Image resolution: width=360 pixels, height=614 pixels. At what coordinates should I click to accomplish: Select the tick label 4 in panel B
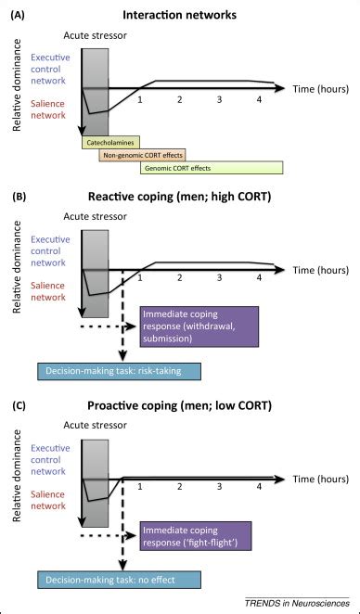(x=258, y=279)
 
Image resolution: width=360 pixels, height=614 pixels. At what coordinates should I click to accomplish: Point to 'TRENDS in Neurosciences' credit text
(x=296, y=602)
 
